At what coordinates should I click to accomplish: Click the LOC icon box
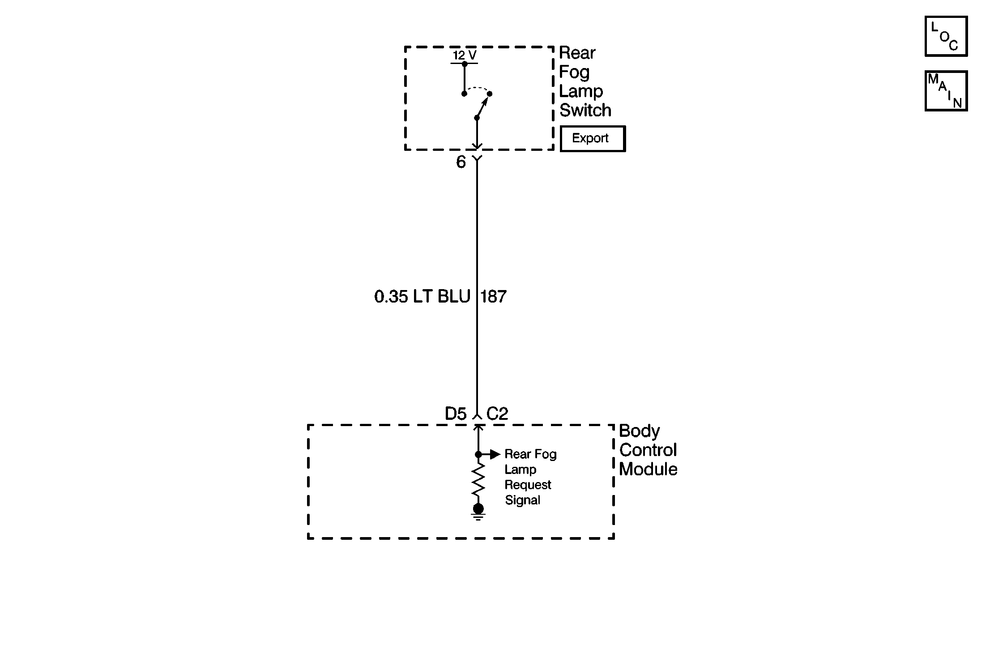(946, 36)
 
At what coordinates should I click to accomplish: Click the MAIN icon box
(946, 91)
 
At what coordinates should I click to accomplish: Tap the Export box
(592, 139)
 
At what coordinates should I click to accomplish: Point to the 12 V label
(465, 55)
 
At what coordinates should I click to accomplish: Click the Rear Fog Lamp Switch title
(585, 81)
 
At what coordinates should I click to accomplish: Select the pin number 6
(461, 162)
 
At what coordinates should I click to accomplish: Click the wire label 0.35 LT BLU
(422, 297)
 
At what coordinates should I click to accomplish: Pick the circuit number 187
(493, 297)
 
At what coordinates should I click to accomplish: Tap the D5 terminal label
(456, 414)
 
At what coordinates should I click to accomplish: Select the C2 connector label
(497, 414)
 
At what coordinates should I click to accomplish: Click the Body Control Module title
(648, 450)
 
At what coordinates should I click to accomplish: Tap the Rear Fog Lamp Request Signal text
(530, 477)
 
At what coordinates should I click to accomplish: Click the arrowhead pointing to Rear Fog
(495, 455)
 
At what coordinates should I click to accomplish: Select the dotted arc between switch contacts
(478, 88)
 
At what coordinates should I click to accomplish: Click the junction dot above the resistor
(478, 455)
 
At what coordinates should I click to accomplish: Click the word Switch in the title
(585, 110)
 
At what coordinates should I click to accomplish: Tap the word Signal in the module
(522, 500)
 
